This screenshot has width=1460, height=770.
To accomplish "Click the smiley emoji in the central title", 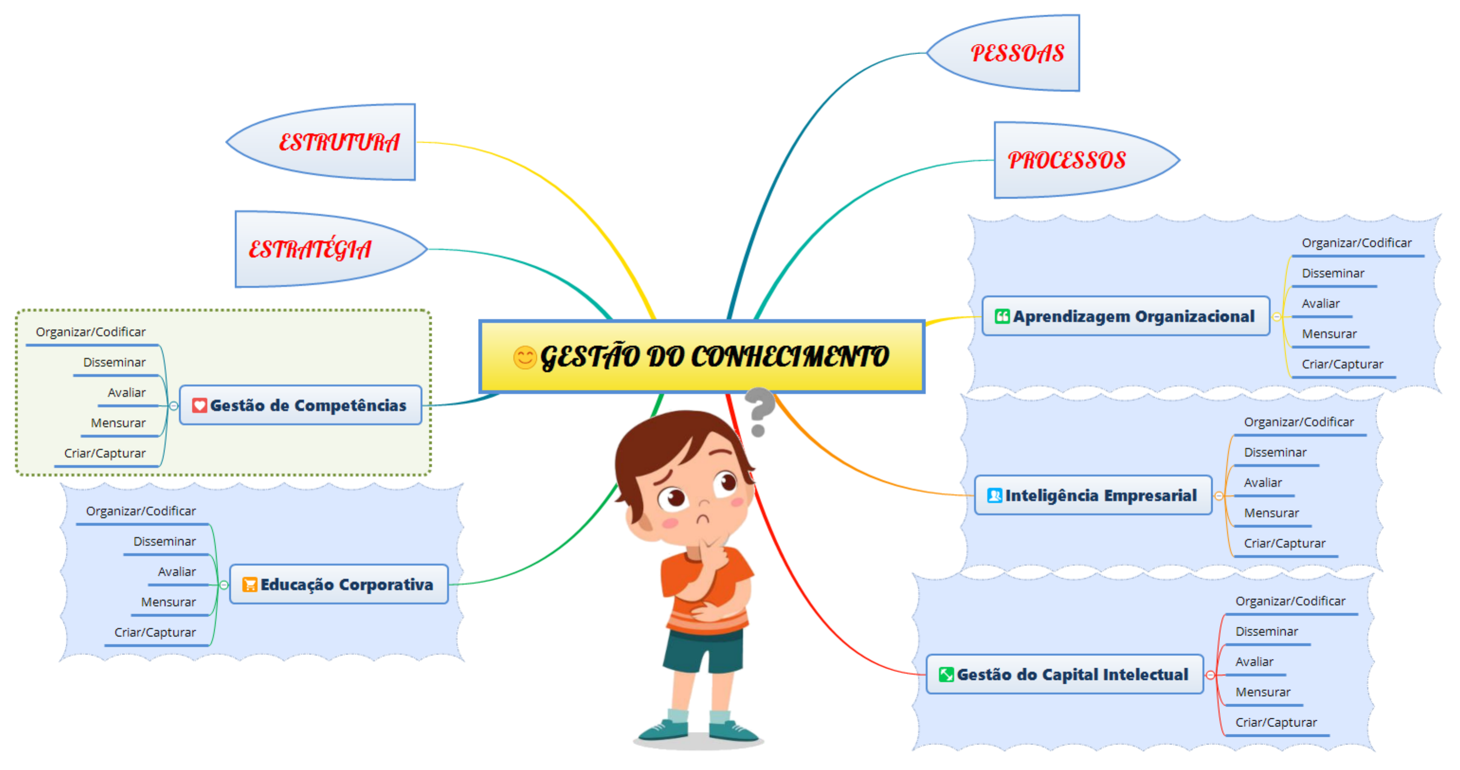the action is coord(524,358).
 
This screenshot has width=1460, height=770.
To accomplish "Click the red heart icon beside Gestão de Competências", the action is coord(199,405).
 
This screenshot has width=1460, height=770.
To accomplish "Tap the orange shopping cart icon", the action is coord(249,584).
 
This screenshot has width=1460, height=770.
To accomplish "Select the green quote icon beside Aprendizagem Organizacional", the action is coord(1002,316).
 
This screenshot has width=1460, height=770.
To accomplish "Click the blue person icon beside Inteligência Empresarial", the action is coord(995,495).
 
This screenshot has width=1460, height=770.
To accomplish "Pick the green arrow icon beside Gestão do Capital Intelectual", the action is coord(946,674).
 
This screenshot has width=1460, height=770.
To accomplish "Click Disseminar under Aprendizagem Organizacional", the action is coord(1333,273).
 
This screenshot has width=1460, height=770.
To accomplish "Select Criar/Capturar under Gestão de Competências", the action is coord(105,453).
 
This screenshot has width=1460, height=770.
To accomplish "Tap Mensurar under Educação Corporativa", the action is coord(168,602).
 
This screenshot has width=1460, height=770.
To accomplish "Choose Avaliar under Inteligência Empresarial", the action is coord(1263,482).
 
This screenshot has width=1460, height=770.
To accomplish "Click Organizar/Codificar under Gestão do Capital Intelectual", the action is coord(1290,600).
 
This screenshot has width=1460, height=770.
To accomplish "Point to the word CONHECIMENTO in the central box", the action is coord(790,357).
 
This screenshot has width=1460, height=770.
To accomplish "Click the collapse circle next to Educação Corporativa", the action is coord(224,584).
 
